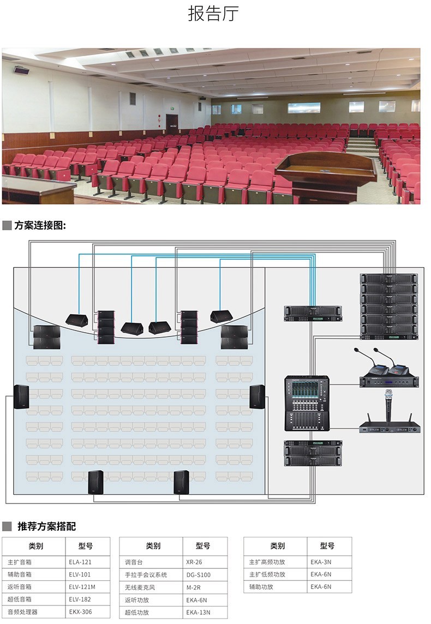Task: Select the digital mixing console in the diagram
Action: click(307, 403)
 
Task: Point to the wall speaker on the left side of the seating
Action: click(21, 397)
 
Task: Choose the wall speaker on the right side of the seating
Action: click(257, 397)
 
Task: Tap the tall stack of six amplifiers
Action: click(388, 306)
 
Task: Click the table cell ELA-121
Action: click(80, 562)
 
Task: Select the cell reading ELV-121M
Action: click(82, 587)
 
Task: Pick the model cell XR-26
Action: click(194, 562)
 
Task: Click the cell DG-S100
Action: click(198, 574)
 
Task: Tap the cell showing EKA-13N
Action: click(198, 612)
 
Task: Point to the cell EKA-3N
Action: click(321, 562)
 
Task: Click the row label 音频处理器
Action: click(23, 612)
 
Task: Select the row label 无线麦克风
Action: click(140, 587)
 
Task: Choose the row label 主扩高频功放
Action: click(267, 562)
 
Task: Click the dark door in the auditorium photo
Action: click(172, 123)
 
